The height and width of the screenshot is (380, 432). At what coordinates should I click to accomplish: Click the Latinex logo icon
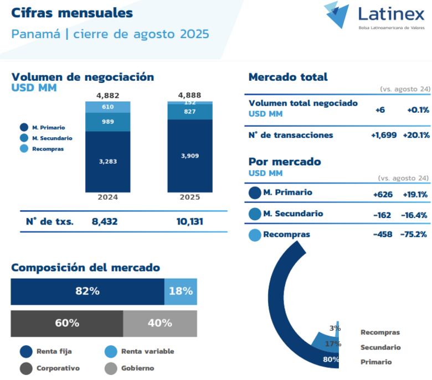(x=337, y=14)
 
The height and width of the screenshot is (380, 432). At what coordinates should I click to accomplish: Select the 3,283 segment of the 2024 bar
(x=107, y=162)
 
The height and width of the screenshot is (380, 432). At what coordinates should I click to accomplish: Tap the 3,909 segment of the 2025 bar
(x=190, y=156)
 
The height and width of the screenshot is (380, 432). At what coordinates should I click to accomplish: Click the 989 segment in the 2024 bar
(x=107, y=122)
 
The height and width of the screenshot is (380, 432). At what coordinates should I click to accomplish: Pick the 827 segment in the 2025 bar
(x=190, y=112)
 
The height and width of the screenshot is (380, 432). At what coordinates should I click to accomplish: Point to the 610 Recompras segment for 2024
(x=107, y=107)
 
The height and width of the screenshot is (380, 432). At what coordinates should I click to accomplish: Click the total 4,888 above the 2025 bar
(x=190, y=95)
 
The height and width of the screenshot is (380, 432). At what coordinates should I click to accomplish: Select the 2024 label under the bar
(x=107, y=197)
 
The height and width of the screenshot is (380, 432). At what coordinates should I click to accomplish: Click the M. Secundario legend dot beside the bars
(x=24, y=138)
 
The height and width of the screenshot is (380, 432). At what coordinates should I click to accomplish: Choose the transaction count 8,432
(x=105, y=221)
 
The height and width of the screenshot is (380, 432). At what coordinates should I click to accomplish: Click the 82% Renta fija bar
(x=88, y=291)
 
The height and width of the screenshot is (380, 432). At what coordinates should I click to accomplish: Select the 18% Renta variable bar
(x=181, y=291)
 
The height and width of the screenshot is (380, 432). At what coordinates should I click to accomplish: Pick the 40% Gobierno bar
(x=160, y=323)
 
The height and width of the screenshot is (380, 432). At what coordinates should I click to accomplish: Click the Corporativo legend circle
(x=26, y=368)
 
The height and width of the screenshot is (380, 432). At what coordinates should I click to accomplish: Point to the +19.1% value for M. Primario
(x=415, y=194)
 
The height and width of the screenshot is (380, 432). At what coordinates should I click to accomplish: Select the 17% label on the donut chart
(x=333, y=344)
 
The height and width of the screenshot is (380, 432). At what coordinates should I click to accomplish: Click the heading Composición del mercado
(x=85, y=268)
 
